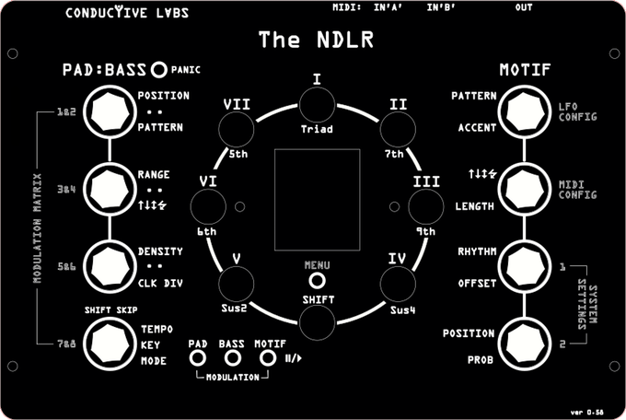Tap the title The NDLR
[x=316, y=40]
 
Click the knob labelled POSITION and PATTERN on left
[x=110, y=111]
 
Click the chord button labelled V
[x=237, y=281]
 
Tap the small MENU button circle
[x=316, y=280]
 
